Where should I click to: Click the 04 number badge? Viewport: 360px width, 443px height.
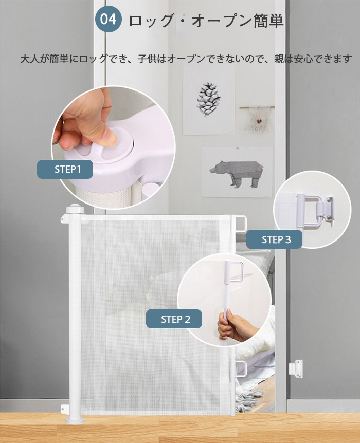point(109,19)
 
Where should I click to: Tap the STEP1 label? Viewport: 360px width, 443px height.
point(65,169)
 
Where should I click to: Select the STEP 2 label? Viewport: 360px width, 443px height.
point(174,319)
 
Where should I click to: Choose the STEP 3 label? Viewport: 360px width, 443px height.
point(274,239)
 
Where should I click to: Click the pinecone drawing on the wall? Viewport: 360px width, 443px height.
point(208,99)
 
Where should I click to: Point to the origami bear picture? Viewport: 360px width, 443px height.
point(237,173)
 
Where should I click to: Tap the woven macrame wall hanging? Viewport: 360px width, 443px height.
point(258,119)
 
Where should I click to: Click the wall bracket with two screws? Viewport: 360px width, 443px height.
point(329,209)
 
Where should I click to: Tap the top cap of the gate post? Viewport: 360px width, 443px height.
point(75,209)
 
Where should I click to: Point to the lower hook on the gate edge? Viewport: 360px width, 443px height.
point(239,369)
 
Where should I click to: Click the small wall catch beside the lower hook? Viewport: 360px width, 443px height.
point(296,368)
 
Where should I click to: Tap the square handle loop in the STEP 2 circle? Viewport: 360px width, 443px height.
point(237,272)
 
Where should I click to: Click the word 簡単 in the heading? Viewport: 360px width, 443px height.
point(268,21)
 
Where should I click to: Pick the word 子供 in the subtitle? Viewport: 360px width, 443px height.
point(147,59)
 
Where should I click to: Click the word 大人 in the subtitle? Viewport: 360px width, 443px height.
point(29,59)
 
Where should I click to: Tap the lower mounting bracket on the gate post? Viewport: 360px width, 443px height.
point(65,409)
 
